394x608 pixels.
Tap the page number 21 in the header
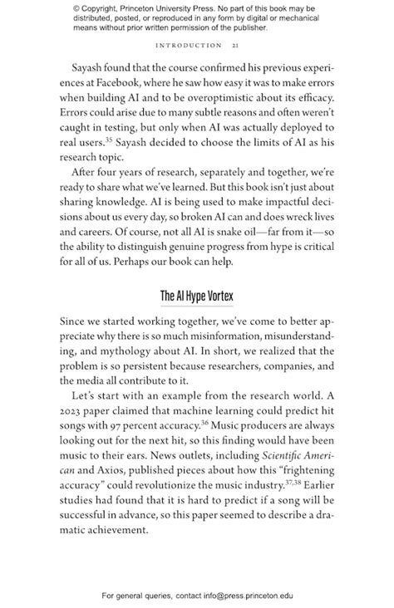(x=238, y=45)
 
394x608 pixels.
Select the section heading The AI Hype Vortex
(x=196, y=296)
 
